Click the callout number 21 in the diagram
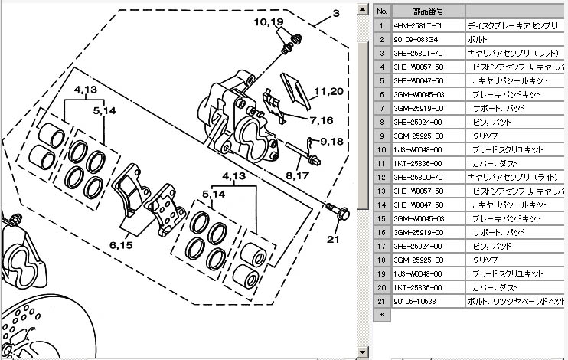[x=331, y=239]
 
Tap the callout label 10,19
[x=269, y=21]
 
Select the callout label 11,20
[x=327, y=91]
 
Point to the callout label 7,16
[x=322, y=120]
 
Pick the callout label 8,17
[x=298, y=176]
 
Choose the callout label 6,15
[x=122, y=245]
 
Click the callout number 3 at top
[x=335, y=14]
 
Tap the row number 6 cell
[x=380, y=94]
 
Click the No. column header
[x=380, y=11]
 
